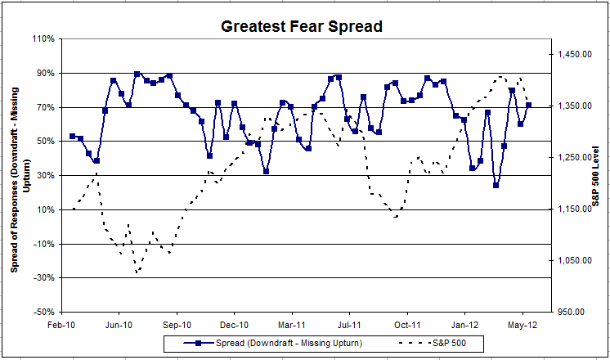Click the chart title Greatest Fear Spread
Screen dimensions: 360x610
[x=302, y=26]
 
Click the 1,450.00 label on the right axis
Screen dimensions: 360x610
[x=574, y=54]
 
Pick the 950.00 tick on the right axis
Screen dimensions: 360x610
[x=576, y=312]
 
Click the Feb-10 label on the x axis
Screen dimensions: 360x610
[x=62, y=323]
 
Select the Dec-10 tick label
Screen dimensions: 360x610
[x=235, y=323]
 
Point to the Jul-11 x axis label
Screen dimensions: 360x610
[x=350, y=323]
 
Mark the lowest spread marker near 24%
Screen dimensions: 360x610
[x=496, y=185]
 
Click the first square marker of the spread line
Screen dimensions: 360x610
[x=72, y=136]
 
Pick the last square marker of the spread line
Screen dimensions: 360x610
[x=529, y=106]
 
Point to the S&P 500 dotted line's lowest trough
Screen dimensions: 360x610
[x=137, y=272]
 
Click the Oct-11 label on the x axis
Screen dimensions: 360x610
[x=408, y=323]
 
